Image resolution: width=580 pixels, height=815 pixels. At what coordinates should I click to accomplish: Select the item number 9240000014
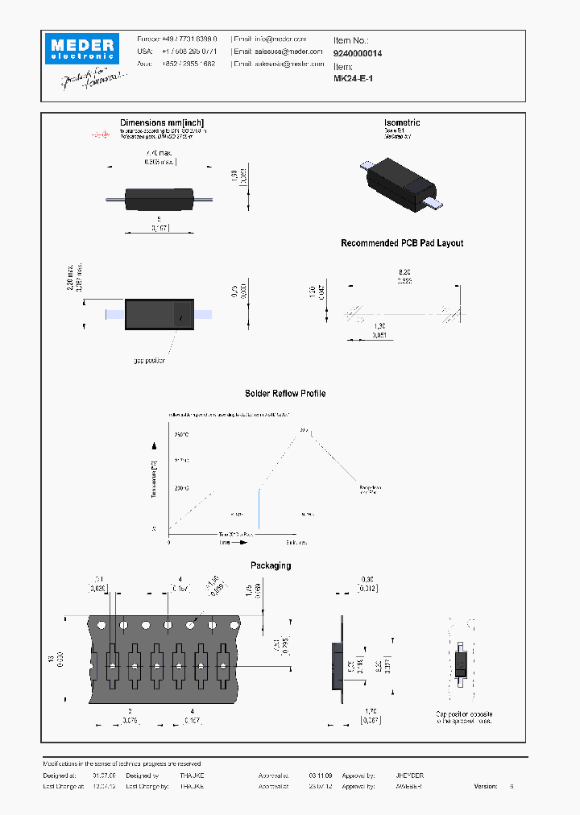coord(358,53)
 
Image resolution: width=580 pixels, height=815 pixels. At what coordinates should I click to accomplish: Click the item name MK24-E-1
coord(353,79)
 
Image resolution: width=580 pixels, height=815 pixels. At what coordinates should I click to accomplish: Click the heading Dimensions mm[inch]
coord(164,122)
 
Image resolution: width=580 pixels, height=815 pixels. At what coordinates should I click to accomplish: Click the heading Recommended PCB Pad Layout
coord(402,243)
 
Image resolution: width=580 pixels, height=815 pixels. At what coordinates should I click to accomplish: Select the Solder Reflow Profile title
coord(285,394)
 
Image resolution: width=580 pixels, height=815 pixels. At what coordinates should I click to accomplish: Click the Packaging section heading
coord(271,565)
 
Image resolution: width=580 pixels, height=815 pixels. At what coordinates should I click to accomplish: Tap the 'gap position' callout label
coord(149,361)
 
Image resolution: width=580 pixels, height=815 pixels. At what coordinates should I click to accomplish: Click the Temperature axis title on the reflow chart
coord(153,480)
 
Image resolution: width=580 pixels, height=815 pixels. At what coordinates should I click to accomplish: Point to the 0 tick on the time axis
coord(169,543)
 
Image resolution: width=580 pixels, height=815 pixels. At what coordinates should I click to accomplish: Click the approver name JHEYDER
coord(408,776)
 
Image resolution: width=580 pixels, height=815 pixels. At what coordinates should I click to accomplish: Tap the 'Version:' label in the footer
coord(486,786)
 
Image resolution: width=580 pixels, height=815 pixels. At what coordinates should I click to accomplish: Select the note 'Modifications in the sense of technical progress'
coord(121,763)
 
